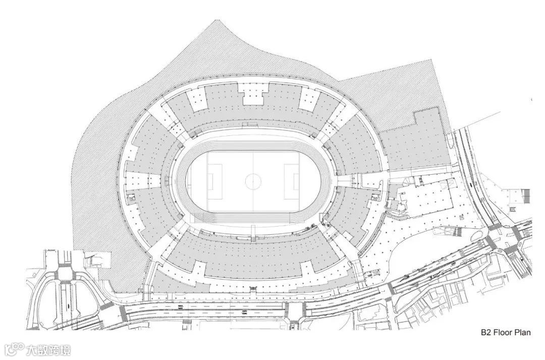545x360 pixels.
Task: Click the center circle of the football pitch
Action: pyautogui.click(x=252, y=181)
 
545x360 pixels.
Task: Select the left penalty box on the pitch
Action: pyautogui.click(x=214, y=181)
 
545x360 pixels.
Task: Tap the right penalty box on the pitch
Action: pyautogui.click(x=291, y=181)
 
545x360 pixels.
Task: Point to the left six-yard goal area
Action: pyautogui.click(x=208, y=181)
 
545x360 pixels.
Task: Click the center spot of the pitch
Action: pyautogui.click(x=252, y=181)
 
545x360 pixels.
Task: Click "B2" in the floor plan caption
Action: pyautogui.click(x=485, y=333)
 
